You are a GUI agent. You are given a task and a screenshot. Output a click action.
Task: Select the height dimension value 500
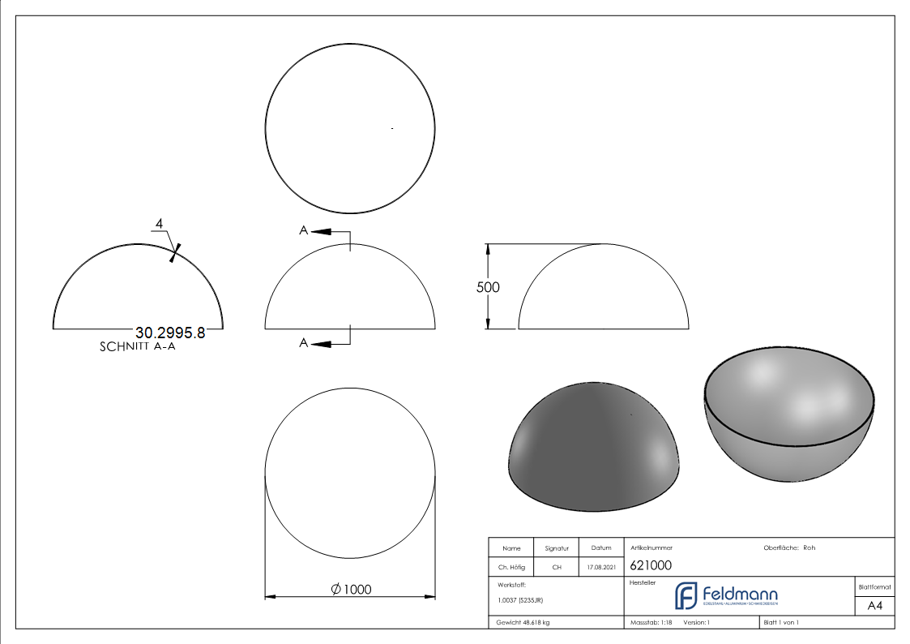tap(488, 287)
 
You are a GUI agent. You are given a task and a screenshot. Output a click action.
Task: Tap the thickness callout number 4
tap(160, 223)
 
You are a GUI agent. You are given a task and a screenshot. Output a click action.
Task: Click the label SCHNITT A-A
tap(138, 346)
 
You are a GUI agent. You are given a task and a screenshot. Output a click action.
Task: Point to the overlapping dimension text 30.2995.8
tap(170, 333)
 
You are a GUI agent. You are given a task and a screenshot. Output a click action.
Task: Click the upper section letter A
tap(303, 231)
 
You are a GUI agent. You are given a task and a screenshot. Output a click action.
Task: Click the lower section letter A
tap(303, 343)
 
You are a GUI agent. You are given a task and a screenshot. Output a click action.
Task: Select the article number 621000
tap(650, 566)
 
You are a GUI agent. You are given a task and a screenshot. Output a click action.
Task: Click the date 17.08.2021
tap(601, 567)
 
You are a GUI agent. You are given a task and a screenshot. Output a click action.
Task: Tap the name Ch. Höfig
tap(511, 567)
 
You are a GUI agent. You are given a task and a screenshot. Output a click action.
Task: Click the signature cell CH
tap(557, 567)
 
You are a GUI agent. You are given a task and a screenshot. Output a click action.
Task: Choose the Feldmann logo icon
tap(686, 595)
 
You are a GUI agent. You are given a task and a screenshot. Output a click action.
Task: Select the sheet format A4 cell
tap(875, 606)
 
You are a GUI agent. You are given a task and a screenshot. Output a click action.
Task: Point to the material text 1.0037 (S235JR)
tap(520, 600)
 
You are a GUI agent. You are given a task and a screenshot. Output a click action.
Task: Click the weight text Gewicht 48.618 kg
tap(523, 622)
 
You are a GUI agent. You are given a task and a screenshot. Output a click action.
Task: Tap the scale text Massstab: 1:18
tap(651, 622)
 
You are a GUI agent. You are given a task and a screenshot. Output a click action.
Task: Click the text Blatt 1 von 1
tap(781, 622)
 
